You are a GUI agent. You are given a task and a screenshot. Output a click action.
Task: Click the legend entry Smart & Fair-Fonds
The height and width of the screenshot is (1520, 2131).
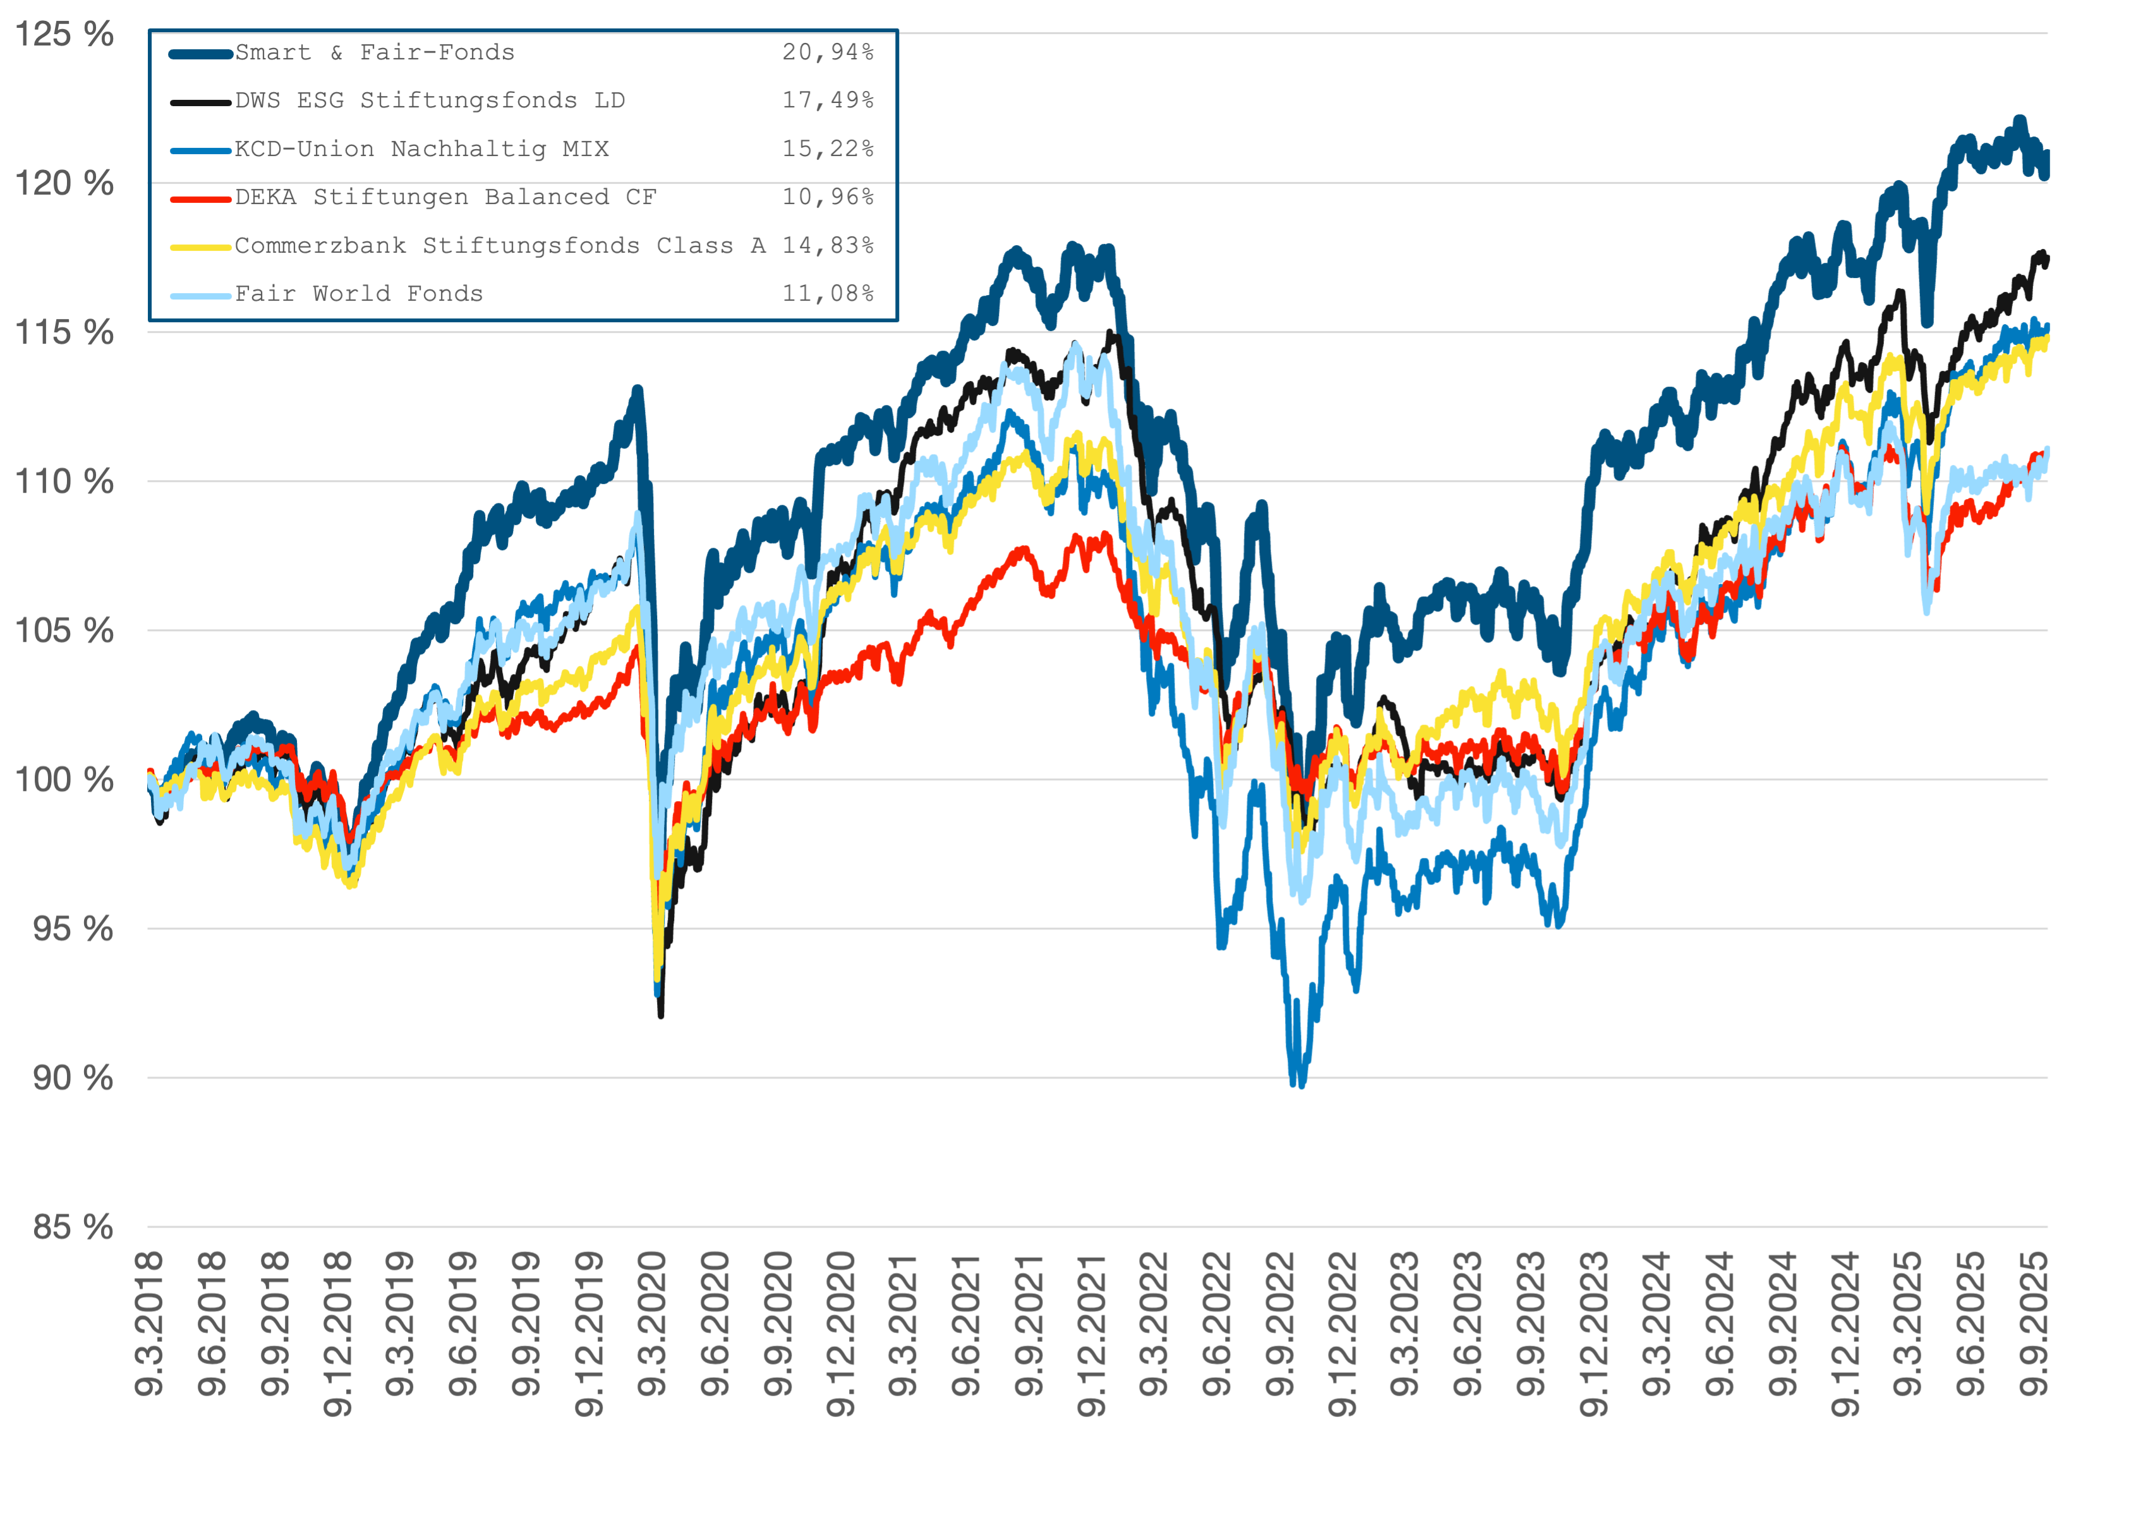[375, 53]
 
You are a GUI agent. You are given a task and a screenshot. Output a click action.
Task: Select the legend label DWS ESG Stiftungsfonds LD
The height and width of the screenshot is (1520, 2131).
[430, 101]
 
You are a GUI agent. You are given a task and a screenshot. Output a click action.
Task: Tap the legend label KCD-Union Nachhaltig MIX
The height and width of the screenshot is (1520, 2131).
[421, 150]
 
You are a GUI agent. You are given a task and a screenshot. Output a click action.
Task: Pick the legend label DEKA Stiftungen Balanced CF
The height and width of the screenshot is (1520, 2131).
[445, 198]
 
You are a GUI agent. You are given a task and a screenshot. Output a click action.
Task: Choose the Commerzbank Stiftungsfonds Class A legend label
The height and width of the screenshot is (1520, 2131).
[500, 246]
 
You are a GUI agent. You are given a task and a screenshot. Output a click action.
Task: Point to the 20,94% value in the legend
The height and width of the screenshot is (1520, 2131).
[828, 53]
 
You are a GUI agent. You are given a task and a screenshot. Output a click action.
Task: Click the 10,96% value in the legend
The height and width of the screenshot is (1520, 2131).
[828, 198]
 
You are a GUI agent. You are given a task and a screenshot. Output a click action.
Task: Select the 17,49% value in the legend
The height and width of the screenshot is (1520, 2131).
[828, 101]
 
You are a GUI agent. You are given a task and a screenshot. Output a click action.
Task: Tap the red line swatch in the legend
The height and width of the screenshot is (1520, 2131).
[200, 198]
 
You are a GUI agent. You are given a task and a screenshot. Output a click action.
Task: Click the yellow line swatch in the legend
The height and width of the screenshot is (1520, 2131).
[200, 247]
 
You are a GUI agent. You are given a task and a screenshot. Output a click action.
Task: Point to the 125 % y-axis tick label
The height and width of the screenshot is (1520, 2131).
[64, 35]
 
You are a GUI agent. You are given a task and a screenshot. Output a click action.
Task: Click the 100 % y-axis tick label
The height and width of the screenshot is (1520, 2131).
[64, 780]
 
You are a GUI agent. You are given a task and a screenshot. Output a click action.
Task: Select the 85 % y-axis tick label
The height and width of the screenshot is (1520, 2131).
[73, 1227]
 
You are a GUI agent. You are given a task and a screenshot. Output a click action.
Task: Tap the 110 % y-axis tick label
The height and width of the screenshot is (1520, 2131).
[64, 482]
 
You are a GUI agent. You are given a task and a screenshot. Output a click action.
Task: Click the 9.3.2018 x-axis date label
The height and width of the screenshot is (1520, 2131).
[150, 1324]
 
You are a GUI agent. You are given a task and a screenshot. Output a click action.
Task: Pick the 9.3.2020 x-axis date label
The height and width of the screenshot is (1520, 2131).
[652, 1324]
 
